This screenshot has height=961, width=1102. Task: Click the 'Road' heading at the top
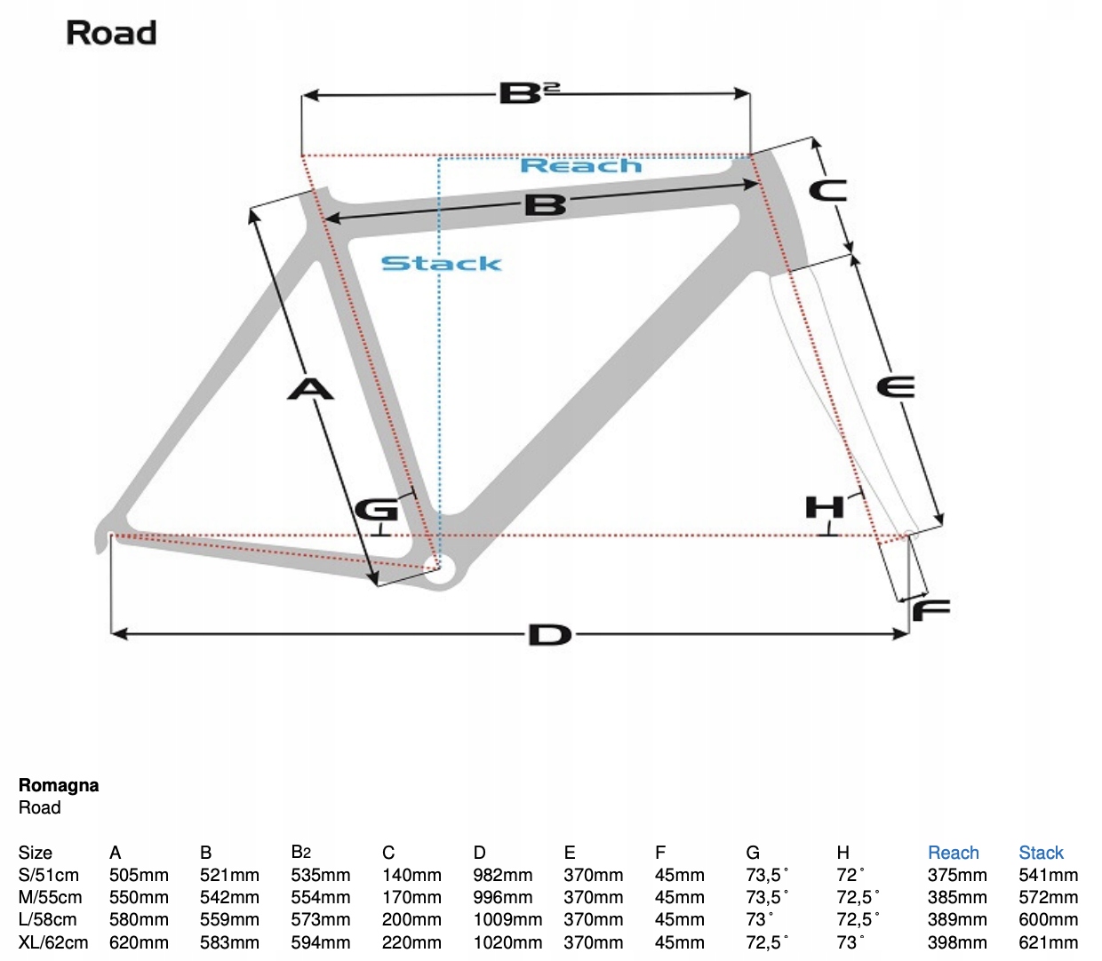(111, 33)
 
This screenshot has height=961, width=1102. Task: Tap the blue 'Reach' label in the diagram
(580, 166)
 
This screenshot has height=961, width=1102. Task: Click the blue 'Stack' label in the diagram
(441, 264)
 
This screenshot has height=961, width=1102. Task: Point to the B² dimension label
(529, 92)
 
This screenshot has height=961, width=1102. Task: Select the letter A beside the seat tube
(310, 388)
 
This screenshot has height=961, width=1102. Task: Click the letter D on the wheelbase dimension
(550, 635)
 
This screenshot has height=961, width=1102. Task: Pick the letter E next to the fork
(895, 387)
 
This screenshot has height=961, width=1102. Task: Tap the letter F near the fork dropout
(931, 610)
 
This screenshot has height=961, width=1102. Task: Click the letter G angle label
(376, 510)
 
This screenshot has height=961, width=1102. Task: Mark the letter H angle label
(824, 507)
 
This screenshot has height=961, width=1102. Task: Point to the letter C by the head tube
(827, 190)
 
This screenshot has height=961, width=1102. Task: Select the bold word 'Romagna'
(59, 785)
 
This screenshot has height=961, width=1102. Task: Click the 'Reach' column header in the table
(953, 853)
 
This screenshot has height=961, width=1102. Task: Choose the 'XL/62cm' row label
(53, 942)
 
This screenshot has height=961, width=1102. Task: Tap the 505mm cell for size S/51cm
(139, 875)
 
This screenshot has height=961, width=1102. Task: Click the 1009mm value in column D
(507, 919)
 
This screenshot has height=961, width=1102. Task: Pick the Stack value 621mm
(1048, 942)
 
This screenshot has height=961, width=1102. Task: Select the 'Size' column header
(36, 853)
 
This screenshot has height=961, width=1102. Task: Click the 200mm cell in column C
(411, 919)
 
